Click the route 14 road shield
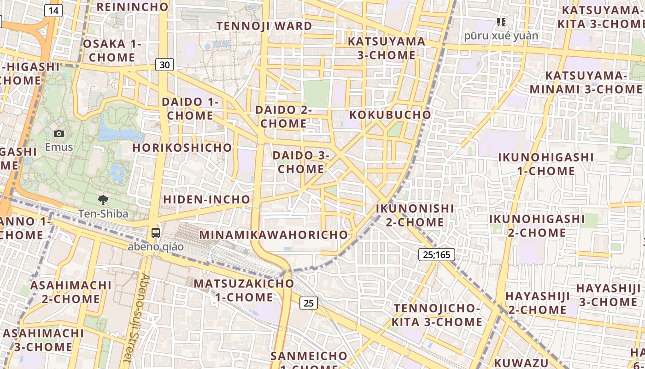coord(54,11)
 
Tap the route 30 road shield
coord(164,65)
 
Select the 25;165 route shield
coord(437,254)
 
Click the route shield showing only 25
coord(309,303)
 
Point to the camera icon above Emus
coord(59,134)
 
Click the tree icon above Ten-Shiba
coord(103,200)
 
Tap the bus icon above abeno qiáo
coord(156,233)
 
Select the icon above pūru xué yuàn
coord(501,22)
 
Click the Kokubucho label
coord(390,115)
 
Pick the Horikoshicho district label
coord(182,148)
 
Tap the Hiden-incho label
coord(207,200)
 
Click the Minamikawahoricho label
coord(274,234)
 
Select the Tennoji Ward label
coord(264,26)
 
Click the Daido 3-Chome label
coord(301,162)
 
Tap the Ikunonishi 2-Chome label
coord(415,215)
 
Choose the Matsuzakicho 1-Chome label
coord(244,290)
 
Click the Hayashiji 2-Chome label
coord(537,303)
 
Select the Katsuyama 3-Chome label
coord(387,48)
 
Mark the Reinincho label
coord(133,6)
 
